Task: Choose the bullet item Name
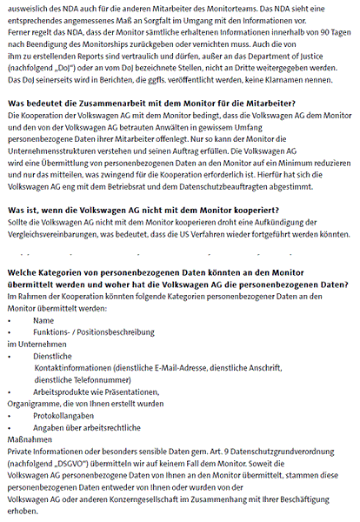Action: [43, 320]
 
